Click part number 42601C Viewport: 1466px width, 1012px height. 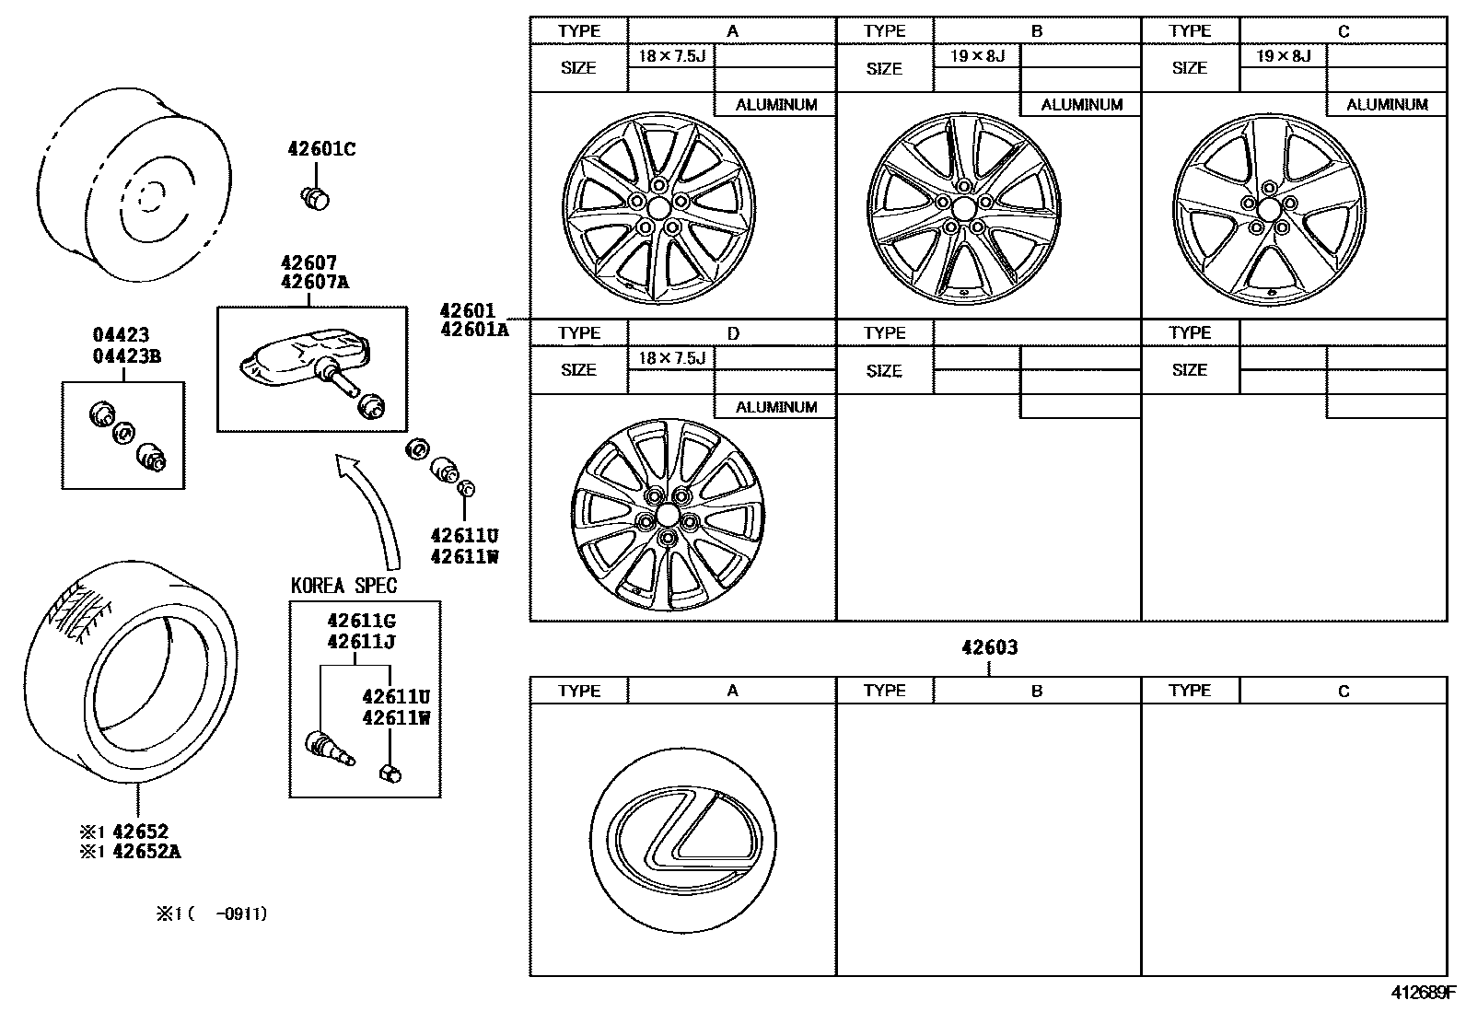(320, 149)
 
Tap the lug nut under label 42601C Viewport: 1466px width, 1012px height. (317, 196)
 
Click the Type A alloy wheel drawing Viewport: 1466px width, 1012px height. (657, 210)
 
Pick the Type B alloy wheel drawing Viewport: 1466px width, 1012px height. (963, 210)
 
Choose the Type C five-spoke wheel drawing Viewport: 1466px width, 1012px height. (1269, 210)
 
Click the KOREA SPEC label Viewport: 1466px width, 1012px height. (344, 587)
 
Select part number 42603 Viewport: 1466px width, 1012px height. (989, 647)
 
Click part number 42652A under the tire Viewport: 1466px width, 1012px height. (146, 852)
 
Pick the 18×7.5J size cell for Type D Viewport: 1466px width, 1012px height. (671, 358)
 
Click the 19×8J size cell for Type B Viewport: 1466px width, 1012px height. (977, 56)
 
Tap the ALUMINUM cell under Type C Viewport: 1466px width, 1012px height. (1387, 105)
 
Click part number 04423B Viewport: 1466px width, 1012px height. (126, 356)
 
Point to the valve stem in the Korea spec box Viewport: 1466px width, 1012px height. (330, 747)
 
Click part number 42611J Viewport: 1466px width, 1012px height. (361, 642)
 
